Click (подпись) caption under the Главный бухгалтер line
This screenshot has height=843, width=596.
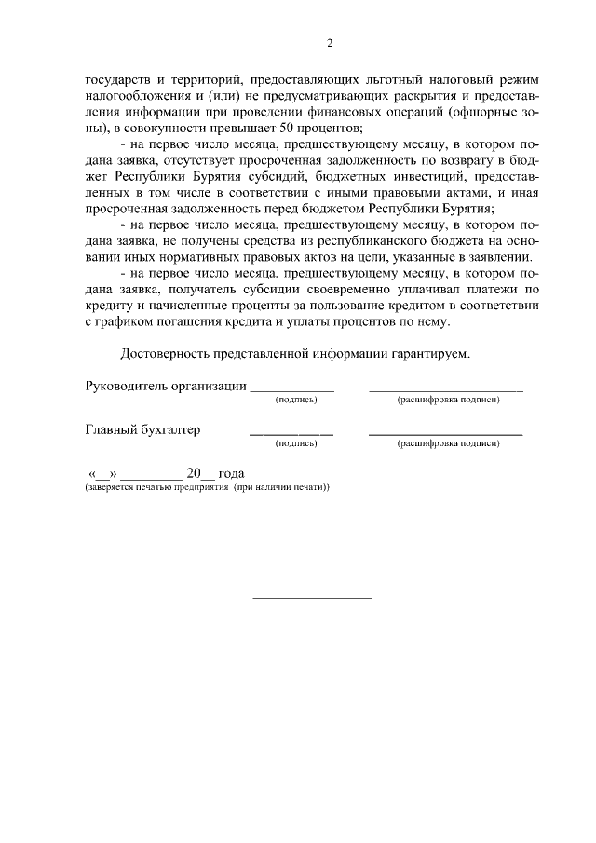pyautogui.click(x=297, y=445)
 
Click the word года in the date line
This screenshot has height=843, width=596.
pyautogui.click(x=230, y=472)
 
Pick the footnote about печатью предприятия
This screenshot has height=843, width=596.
pyautogui.click(x=207, y=487)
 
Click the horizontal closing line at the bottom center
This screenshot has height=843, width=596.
pyautogui.click(x=313, y=597)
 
